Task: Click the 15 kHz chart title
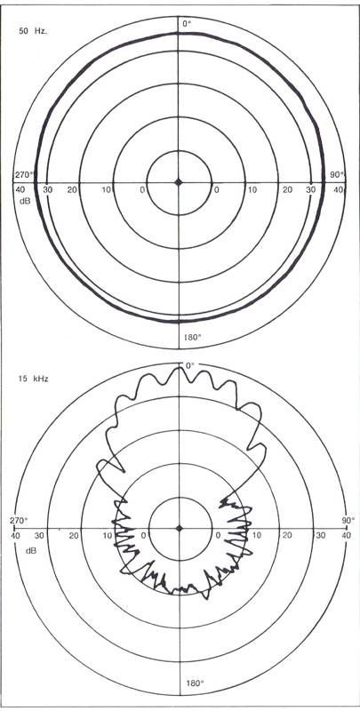(34, 379)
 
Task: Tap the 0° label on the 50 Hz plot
(188, 24)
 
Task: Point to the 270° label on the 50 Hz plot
(24, 174)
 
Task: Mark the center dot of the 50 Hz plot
(179, 182)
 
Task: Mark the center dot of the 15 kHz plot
(180, 528)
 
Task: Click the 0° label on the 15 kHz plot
(189, 365)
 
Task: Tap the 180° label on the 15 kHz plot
(192, 683)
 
